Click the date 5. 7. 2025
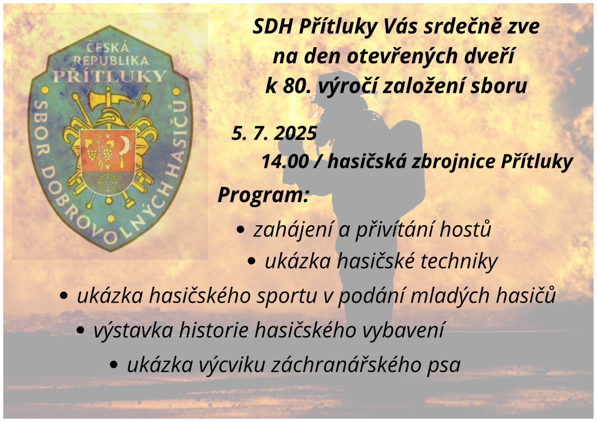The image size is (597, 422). pos(274,133)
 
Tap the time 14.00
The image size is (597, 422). pos(285,161)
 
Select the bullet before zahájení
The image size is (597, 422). pos(240,230)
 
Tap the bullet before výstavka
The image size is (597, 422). pos(81,330)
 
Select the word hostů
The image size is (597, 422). pos(465,229)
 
